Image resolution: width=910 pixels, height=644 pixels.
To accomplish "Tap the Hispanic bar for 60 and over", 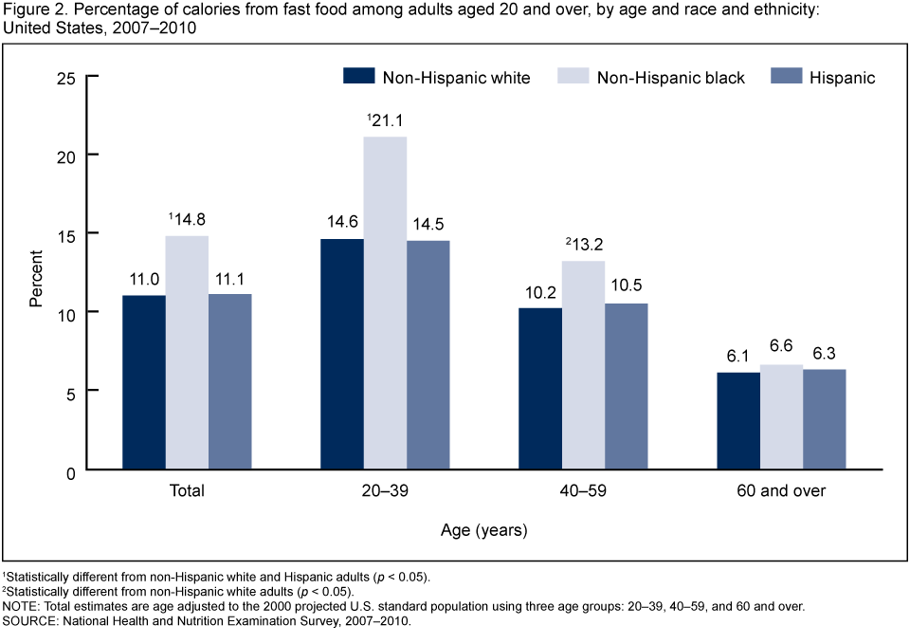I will (824, 419).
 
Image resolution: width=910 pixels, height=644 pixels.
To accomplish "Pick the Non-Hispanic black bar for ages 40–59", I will (583, 365).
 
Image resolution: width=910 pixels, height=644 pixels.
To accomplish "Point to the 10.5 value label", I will (627, 286).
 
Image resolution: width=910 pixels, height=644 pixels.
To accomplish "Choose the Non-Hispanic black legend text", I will (671, 78).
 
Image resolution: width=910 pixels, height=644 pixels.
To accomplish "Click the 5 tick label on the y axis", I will (72, 391).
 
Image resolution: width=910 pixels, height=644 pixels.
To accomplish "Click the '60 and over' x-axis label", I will (781, 491).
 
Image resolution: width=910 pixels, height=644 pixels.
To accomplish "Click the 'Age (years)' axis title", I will (484, 529).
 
